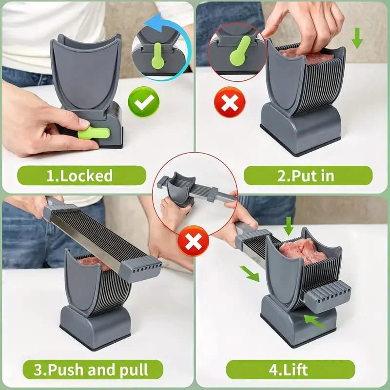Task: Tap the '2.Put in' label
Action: tap(308, 175)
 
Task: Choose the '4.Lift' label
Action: tap(290, 370)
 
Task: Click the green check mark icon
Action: tap(143, 101)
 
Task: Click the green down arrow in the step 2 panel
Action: tap(357, 38)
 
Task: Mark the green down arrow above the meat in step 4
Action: tap(288, 226)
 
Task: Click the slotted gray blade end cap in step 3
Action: tap(142, 268)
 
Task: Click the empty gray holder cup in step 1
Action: tap(85, 73)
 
